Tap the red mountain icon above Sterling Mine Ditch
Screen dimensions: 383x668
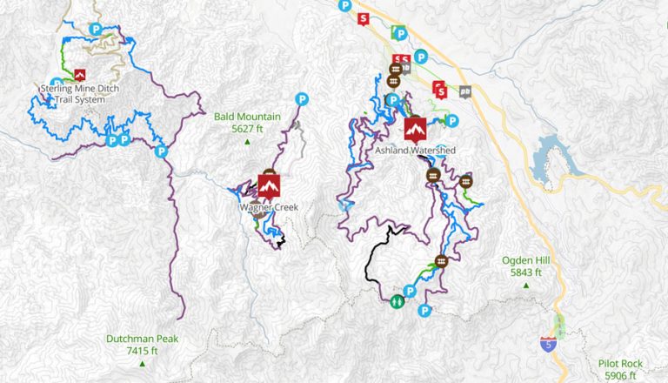coord(80,75)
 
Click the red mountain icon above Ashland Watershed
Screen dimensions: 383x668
coord(416,130)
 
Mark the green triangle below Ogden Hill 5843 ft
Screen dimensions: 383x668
coord(522,285)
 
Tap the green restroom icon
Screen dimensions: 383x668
coord(397,301)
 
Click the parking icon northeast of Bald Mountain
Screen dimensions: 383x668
coord(302,98)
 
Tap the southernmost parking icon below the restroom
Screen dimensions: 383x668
coord(424,312)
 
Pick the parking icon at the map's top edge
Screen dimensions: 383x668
coord(345,5)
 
